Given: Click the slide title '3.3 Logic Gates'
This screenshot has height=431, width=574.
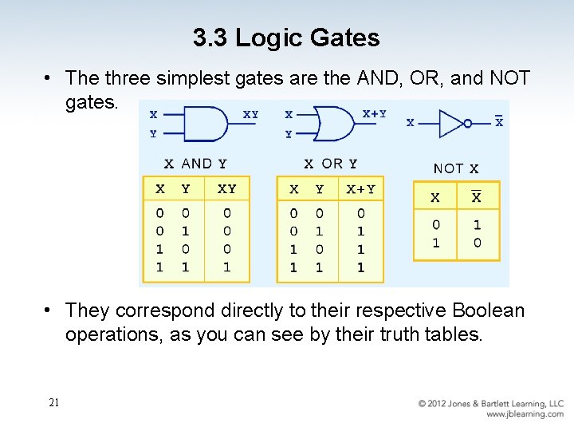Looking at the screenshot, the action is point(286,37).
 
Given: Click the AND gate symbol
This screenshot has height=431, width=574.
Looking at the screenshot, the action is point(206,125).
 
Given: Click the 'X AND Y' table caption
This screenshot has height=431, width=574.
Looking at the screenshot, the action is point(195,164).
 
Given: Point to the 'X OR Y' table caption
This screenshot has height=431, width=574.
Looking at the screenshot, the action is point(330,164).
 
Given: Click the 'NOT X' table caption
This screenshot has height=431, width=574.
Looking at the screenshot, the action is point(456,168).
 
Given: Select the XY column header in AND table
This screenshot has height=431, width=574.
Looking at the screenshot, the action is point(226,189).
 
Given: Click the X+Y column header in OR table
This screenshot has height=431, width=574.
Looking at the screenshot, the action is point(360,189).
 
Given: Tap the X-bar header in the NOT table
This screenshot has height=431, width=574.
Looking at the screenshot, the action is point(477,196).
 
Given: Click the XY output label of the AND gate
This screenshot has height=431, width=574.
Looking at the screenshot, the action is point(250,115).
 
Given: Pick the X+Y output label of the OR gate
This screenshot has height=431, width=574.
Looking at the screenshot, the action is point(375,114).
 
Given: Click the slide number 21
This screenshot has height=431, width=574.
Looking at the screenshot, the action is point(53,403).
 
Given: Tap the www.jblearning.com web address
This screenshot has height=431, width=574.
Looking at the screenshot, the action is point(525,414).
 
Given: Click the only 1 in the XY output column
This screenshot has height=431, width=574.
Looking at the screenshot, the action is point(226,267).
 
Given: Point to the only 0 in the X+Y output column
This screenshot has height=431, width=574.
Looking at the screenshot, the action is point(360,213).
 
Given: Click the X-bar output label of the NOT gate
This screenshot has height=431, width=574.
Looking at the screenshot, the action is point(499,121).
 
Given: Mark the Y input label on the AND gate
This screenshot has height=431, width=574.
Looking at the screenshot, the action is point(153,135).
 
